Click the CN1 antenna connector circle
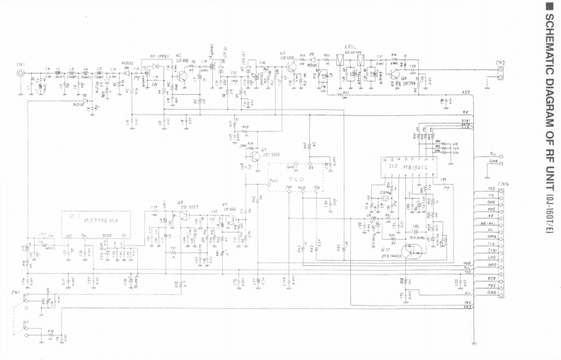23,72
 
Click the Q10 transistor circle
414,249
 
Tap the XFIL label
350,47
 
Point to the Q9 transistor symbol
227,221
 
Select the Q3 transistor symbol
291,67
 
